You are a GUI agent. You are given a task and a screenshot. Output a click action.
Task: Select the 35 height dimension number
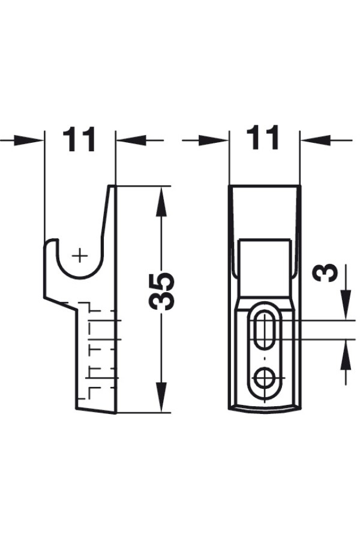click(x=161, y=291)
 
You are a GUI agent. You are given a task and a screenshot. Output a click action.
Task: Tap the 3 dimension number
click(x=325, y=273)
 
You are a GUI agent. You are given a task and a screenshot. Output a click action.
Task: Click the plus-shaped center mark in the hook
click(x=80, y=256)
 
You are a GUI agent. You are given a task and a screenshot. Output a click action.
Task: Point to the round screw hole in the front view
click(x=265, y=378)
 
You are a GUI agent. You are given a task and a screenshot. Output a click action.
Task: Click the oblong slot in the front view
click(x=265, y=330)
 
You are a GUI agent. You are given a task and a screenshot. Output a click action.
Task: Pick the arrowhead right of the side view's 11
click(x=131, y=140)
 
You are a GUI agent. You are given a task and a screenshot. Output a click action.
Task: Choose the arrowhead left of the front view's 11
click(x=213, y=140)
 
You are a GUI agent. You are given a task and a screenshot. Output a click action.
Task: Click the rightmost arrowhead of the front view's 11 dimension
click(x=316, y=140)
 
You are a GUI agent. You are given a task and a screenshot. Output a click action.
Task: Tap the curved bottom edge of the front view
click(x=265, y=410)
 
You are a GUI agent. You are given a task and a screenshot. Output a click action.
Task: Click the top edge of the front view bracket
click(x=265, y=186)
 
